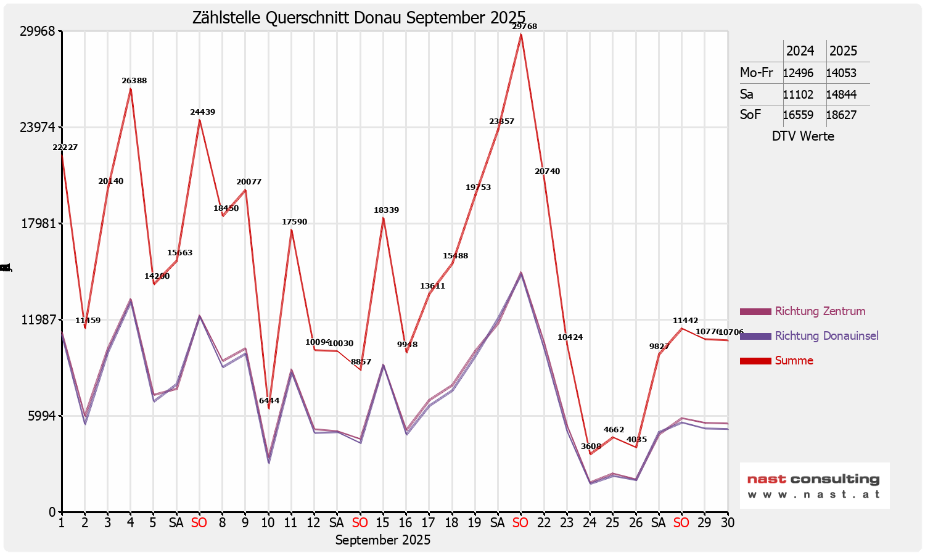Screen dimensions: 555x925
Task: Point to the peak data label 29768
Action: (524, 27)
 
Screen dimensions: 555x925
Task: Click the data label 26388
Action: (134, 81)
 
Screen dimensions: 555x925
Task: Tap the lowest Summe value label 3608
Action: (591, 446)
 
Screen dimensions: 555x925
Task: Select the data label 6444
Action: (269, 401)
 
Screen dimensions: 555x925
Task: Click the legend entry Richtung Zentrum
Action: (820, 311)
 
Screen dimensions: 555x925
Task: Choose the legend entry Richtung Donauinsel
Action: (826, 336)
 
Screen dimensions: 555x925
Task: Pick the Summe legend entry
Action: (794, 361)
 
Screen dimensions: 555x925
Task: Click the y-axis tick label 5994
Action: (42, 416)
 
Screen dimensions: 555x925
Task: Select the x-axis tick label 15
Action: (383, 523)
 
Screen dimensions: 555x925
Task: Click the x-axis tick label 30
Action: (728, 523)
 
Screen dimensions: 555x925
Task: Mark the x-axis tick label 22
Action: (544, 523)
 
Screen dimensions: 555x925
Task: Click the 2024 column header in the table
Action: (800, 51)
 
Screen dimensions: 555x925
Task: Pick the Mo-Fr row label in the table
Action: (756, 73)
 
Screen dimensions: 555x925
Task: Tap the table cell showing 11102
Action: (798, 95)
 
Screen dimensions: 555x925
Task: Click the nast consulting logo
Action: (814, 486)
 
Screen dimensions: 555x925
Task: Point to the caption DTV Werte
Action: (803, 136)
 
